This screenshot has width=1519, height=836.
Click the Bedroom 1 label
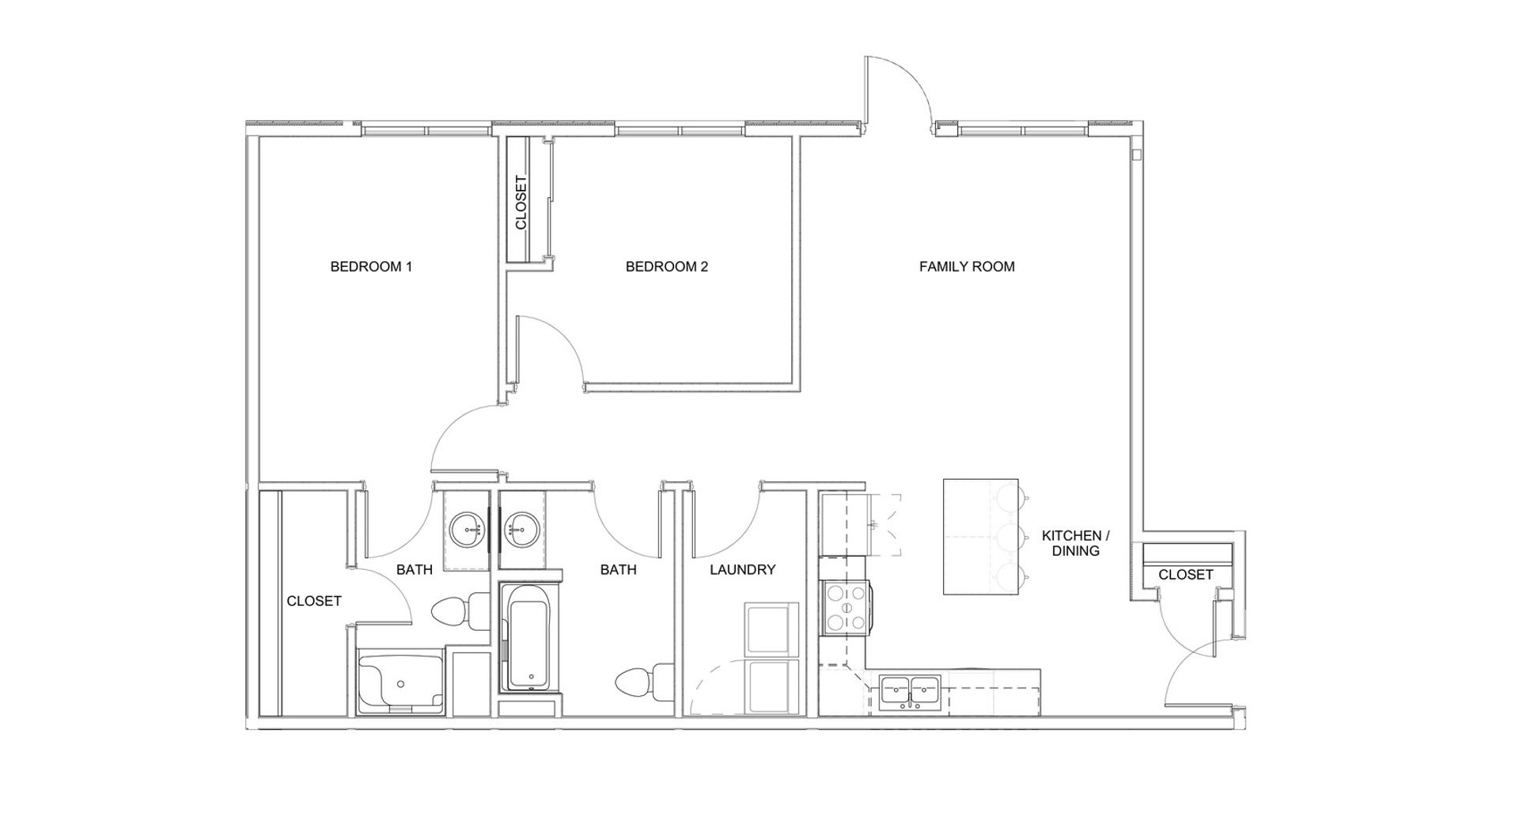pyautogui.click(x=371, y=267)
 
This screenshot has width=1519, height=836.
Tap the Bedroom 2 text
pyautogui.click(x=666, y=267)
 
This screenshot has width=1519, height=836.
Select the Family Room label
pyautogui.click(x=967, y=267)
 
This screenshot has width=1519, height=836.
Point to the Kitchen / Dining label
pyautogui.click(x=1076, y=543)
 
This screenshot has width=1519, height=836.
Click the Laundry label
pyautogui.click(x=742, y=569)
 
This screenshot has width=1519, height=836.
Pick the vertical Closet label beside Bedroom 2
pyautogui.click(x=521, y=202)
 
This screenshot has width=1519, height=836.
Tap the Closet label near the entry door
pyautogui.click(x=1185, y=575)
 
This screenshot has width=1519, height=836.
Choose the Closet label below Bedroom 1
pyautogui.click(x=314, y=602)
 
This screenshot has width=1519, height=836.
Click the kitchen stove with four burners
pyautogui.click(x=847, y=607)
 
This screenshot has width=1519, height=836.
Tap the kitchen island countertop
pyautogui.click(x=980, y=536)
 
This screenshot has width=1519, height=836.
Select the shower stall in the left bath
pyautogui.click(x=400, y=682)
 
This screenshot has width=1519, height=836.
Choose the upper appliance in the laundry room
pyautogui.click(x=771, y=630)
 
